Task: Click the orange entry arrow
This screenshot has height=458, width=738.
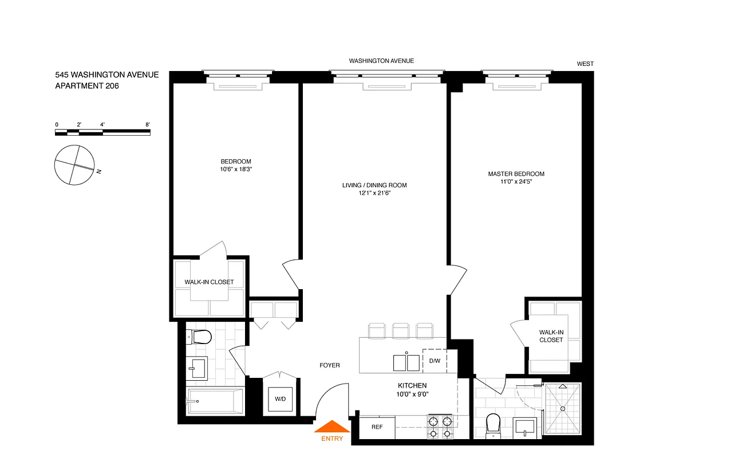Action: point(331,427)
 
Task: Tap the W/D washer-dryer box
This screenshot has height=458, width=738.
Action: point(281,399)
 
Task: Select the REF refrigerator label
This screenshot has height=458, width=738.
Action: point(377,427)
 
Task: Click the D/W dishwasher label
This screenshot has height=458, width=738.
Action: point(435,361)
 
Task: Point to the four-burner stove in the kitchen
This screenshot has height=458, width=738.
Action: point(440,427)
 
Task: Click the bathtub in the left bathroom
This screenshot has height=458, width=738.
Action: point(215,401)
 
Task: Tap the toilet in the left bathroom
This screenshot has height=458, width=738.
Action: point(201,337)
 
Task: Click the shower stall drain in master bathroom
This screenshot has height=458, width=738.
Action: point(563,409)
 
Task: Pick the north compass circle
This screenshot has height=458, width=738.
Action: point(74,165)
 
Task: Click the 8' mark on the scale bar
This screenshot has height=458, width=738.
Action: point(148,124)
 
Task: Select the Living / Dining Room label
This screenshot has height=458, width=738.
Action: point(374,185)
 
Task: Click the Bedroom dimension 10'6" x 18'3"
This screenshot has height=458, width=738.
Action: point(236,170)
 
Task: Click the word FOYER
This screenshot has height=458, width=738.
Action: point(329,365)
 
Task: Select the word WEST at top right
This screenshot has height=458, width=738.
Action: point(585,64)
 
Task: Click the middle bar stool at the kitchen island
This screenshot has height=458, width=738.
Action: point(401,330)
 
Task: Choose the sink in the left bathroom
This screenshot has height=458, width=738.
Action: point(198,368)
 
